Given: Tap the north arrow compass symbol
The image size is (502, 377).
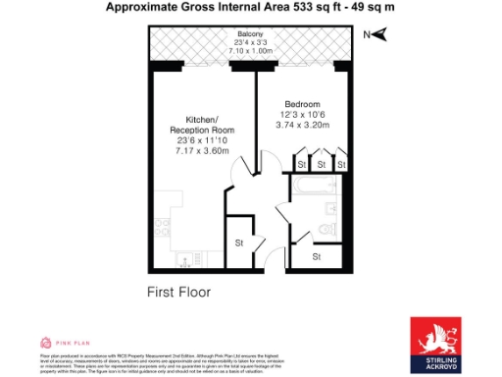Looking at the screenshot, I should click(x=376, y=35).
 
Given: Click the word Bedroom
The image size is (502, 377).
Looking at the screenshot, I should click(x=302, y=104).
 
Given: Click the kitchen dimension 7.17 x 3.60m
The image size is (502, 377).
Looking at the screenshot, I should click(x=201, y=151).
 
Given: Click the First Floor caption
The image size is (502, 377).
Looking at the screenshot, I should click(x=178, y=292).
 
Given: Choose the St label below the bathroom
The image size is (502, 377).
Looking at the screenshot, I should click(x=317, y=255).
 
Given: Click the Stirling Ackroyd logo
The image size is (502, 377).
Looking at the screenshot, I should click(x=436, y=344).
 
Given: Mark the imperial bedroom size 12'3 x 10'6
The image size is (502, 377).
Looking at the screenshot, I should click(x=303, y=115).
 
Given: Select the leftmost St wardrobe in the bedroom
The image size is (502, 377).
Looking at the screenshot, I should click(x=299, y=163).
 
